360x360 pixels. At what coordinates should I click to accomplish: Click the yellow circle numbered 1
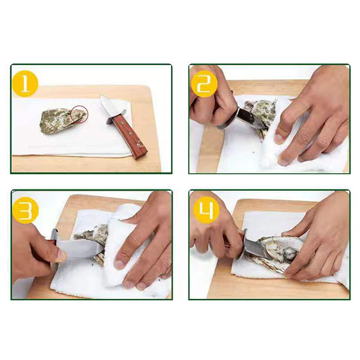coord(25,84)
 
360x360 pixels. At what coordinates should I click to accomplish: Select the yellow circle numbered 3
coord(25,210)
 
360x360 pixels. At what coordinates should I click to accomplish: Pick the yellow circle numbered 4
coord(206,210)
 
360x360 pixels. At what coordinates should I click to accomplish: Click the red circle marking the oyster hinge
coord(79,114)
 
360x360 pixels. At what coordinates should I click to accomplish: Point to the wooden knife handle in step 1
coord(130,137)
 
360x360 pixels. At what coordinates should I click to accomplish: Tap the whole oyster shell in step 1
coord(63,121)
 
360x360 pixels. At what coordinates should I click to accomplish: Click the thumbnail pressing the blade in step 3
coord(61,255)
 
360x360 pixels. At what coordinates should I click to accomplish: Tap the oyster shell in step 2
coord(261,115)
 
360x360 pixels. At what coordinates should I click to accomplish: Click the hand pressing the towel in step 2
coord(312,115)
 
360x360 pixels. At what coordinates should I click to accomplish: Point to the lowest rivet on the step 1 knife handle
coord(138,144)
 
